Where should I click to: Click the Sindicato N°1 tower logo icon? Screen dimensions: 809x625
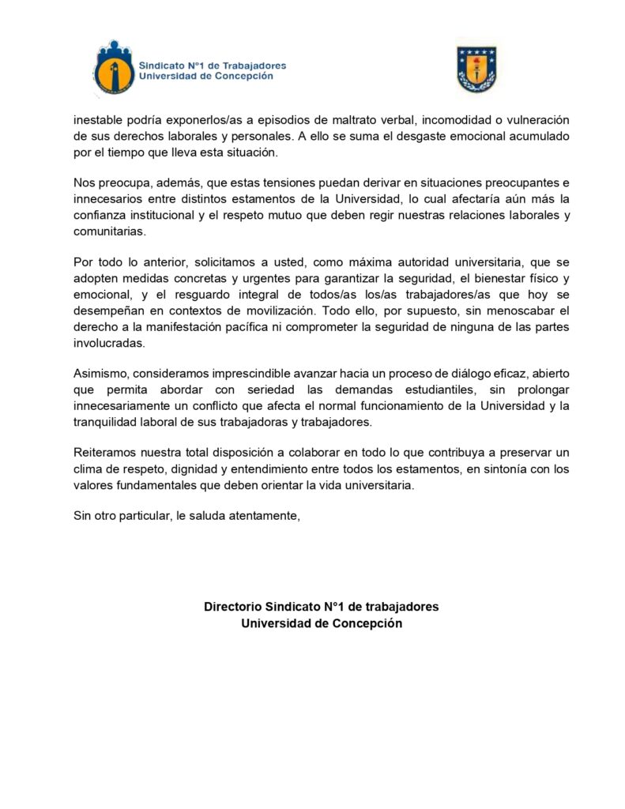114,69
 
